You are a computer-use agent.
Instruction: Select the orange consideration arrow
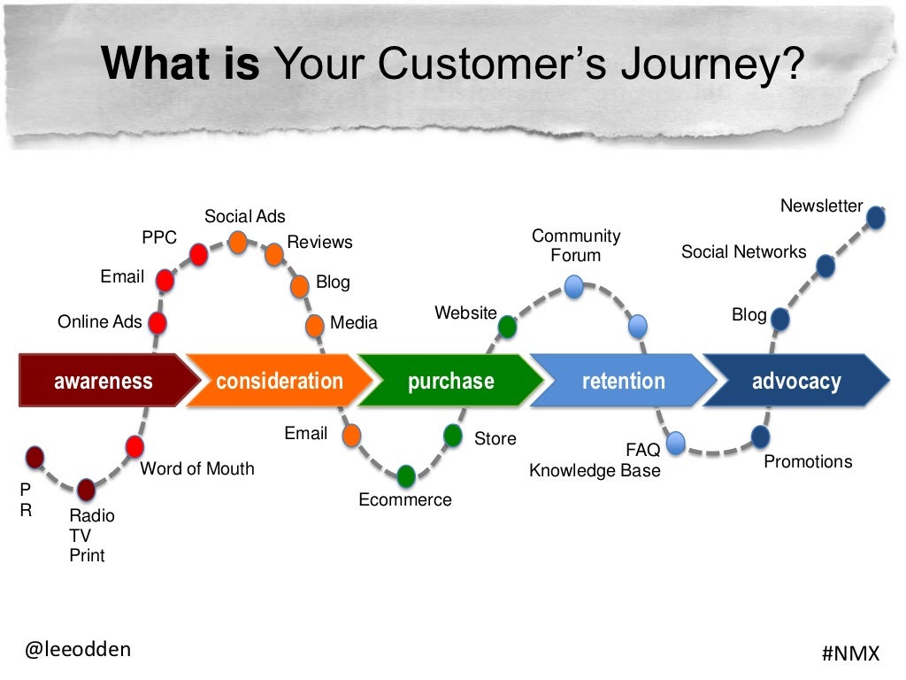pos(279,382)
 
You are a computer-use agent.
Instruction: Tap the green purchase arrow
pos(450,382)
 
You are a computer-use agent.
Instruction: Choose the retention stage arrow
pos(623,382)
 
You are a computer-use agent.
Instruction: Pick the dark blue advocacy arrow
pos(795,382)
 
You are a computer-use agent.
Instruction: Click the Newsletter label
pos(821,206)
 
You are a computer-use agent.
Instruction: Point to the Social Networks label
pos(743,252)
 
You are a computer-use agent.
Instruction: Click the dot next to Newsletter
pos(876,218)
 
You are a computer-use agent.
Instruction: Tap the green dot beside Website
pos(507,327)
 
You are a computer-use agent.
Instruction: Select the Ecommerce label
pos(404,500)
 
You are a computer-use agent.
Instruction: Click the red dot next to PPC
pos(199,255)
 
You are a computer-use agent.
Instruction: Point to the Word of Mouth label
pos(196,469)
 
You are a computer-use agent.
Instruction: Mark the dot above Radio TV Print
pos(86,489)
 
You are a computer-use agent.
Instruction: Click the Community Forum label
pos(576,246)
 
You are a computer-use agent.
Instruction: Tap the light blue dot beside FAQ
pos(676,443)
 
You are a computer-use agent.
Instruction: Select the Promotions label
pos(808,462)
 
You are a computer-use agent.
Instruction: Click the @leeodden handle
pos(78,649)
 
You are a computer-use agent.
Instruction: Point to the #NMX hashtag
pos(850,653)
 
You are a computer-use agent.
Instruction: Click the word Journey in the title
pos(703,64)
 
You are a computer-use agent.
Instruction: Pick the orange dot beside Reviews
pos(274,255)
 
